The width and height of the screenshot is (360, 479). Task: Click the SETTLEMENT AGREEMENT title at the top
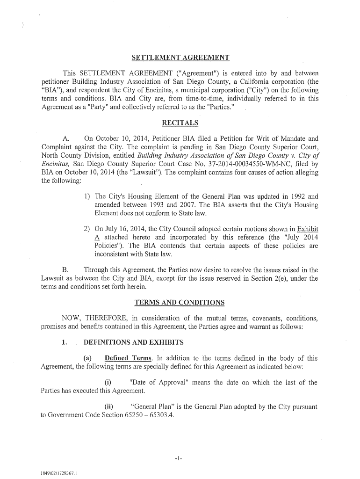click(x=180, y=58)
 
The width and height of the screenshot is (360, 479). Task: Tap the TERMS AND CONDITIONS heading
click(x=180, y=302)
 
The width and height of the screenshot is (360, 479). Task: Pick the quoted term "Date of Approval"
click(x=158, y=383)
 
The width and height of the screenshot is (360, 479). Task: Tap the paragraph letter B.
click(x=66, y=270)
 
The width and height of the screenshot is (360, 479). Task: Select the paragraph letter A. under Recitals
click(x=66, y=139)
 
